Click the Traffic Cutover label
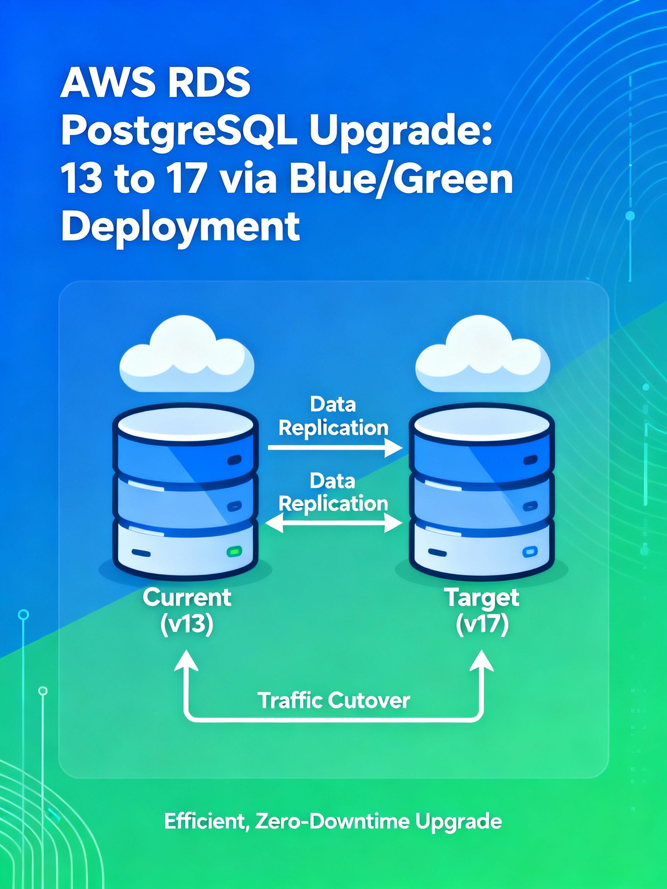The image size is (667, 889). tap(334, 700)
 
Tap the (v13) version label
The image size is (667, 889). tap(186, 625)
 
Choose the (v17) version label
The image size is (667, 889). tap(482, 625)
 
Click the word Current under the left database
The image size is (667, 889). tap(187, 598)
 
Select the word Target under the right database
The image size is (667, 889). tap(482, 598)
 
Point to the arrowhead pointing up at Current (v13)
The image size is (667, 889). tap(186, 661)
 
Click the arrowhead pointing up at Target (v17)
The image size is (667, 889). tap(482, 661)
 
